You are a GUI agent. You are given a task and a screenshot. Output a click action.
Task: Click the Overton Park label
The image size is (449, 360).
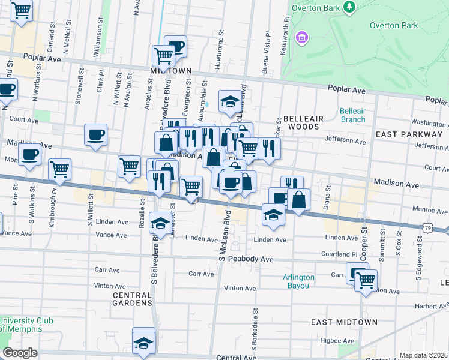393,25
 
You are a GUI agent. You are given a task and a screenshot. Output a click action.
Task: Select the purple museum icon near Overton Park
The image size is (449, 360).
302,38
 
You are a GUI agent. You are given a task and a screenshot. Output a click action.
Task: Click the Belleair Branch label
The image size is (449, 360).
352,115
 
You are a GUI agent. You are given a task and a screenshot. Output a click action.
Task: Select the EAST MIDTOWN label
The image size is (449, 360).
344,322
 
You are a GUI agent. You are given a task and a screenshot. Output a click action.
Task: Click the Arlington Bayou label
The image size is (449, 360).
298,281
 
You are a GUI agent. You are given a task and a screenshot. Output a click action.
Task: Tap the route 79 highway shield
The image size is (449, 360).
427,227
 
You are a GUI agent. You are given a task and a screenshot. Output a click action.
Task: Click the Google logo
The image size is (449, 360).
20,353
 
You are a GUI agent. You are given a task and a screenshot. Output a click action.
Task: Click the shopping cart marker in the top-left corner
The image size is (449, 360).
22,10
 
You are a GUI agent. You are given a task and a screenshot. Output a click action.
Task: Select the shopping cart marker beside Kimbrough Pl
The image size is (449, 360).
59,170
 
